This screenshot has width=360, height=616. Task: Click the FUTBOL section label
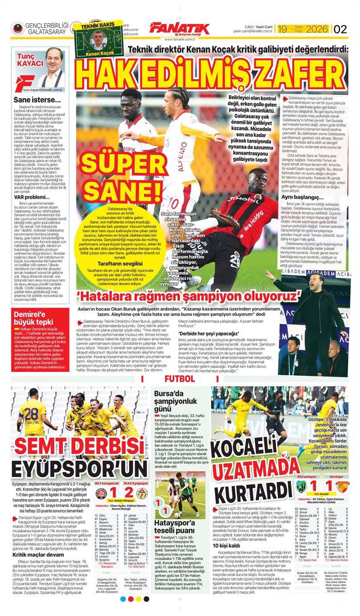(179, 379)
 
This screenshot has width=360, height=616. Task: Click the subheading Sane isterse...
(31, 100)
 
